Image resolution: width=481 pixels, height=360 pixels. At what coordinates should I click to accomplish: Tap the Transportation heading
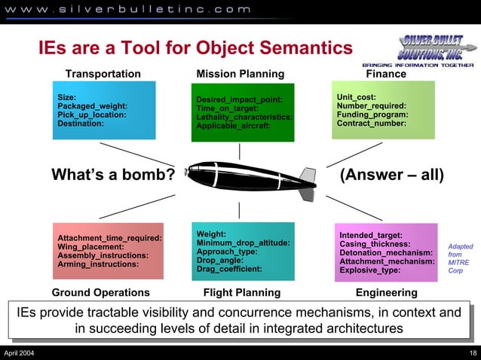[103, 74]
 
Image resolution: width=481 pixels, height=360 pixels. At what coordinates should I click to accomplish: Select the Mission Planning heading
[240, 74]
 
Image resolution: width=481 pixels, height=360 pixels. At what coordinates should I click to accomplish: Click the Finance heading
[385, 74]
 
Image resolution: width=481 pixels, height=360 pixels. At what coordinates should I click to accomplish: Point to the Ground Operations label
[100, 292]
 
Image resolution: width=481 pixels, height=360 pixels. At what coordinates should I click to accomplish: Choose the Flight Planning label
[241, 292]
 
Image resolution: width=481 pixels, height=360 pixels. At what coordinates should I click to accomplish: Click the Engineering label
[386, 292]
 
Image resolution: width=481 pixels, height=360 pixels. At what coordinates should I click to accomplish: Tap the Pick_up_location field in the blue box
[92, 115]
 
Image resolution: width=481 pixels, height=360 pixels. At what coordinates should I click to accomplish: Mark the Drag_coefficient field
[229, 268]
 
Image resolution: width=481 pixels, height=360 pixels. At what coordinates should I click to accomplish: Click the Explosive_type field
[369, 270]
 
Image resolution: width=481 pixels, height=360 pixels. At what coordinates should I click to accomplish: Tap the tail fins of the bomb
[307, 184]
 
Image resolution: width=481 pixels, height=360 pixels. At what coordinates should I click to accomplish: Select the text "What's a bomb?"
[113, 175]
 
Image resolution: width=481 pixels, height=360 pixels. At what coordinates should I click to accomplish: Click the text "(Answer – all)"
[392, 175]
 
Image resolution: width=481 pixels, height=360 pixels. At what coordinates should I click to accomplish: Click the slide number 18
[472, 353]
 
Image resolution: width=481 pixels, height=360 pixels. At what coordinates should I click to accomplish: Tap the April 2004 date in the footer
[18, 353]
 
